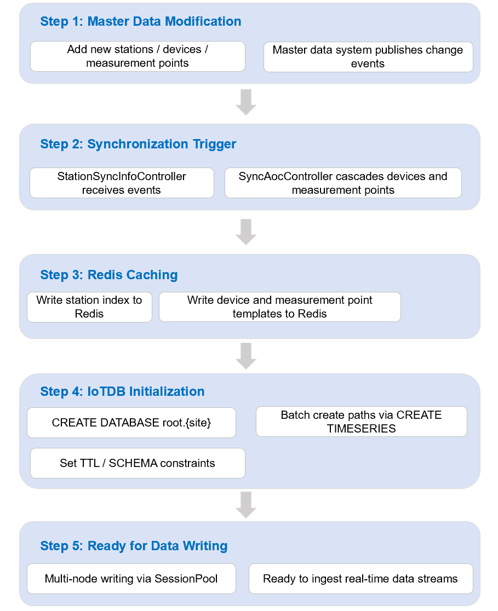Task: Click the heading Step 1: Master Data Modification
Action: pyautogui.click(x=141, y=21)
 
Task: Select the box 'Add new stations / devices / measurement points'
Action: pyautogui.click(x=138, y=56)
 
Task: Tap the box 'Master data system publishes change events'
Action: pyautogui.click(x=368, y=57)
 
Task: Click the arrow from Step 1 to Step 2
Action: pyautogui.click(x=246, y=102)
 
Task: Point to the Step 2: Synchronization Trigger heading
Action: pyautogui.click(x=138, y=144)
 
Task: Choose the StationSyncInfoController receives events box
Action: pyautogui.click(x=122, y=183)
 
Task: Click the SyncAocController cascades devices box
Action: pyautogui.click(x=343, y=183)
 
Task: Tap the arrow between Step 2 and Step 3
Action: pyautogui.click(x=246, y=232)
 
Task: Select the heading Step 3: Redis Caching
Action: pyautogui.click(x=109, y=275)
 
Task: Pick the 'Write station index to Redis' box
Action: pyautogui.click(x=89, y=307)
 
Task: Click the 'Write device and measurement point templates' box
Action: pyautogui.click(x=279, y=307)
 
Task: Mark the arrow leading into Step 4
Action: pyautogui.click(x=246, y=356)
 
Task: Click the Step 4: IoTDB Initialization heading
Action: pyautogui.click(x=123, y=391)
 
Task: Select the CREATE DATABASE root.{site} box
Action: pyautogui.click(x=131, y=423)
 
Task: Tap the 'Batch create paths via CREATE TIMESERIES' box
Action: pyautogui.click(x=362, y=422)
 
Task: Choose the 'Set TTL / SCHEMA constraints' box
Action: pyautogui.click(x=138, y=463)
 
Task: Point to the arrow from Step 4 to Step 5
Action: pyautogui.click(x=246, y=505)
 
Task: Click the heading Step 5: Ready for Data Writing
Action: pyautogui.click(x=134, y=546)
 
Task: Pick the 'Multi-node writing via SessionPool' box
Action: pyautogui.click(x=131, y=579)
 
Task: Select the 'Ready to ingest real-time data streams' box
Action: pyautogui.click(x=360, y=579)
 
